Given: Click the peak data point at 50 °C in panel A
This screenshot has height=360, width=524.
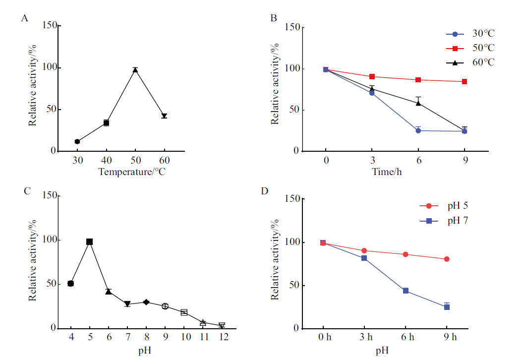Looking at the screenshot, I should tap(135, 70).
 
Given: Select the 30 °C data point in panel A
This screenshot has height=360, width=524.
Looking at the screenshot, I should tap(77, 141).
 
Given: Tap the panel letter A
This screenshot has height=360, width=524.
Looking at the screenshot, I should tap(24, 18).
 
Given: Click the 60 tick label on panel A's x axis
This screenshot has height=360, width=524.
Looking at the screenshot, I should tap(164, 160).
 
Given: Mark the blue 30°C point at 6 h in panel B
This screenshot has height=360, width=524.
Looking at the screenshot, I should tap(418, 130).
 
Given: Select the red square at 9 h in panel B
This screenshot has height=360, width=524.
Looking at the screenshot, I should tap(465, 81).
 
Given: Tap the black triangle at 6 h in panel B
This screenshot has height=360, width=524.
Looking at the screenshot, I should tap(418, 103).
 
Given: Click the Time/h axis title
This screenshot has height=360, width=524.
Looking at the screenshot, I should tap(386, 172).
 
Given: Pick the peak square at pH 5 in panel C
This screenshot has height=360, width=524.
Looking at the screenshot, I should tap(90, 241).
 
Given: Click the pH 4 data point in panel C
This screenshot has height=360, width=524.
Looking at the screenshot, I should tap(71, 283).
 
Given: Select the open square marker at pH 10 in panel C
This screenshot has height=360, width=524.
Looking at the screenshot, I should tap(184, 312).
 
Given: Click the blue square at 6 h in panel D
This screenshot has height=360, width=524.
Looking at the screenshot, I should tap(406, 291).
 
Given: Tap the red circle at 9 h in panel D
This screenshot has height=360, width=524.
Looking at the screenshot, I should tap(447, 259).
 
